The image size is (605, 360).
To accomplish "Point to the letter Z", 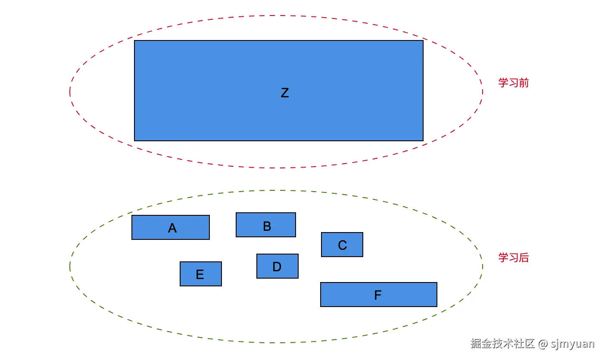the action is click(284, 93).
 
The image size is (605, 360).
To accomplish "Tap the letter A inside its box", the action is click(172, 228).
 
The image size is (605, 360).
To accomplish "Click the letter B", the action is click(267, 226).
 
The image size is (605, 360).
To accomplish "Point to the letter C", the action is click(343, 245).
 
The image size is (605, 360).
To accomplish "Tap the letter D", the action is click(277, 267).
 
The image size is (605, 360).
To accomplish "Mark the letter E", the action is click(200, 275).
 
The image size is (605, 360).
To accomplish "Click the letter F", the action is click(378, 295).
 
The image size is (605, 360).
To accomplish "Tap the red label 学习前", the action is click(513, 83).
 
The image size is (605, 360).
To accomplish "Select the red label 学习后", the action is click(513, 258).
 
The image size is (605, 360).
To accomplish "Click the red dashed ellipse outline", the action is click(70, 91).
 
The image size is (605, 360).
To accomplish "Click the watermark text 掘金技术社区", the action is click(502, 344).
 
